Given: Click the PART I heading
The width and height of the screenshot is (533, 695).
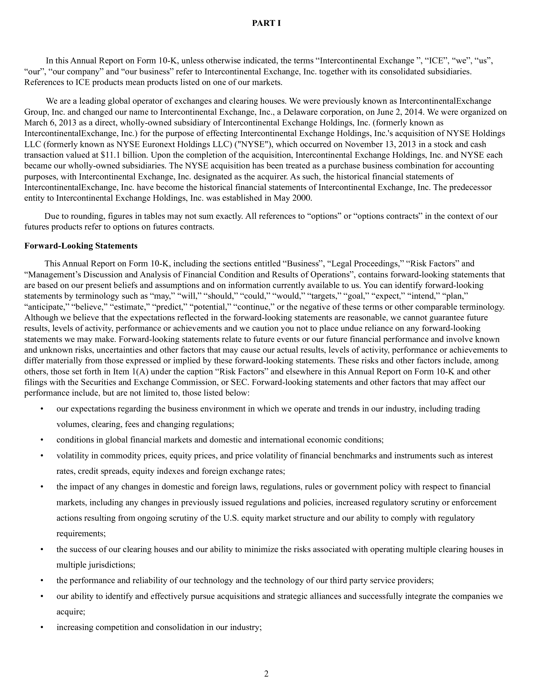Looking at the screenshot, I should [266, 23].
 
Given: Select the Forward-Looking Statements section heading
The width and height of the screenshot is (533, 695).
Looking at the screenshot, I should [81, 246].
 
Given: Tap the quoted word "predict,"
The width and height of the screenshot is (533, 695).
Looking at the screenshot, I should [171, 307].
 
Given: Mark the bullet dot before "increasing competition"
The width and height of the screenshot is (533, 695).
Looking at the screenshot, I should [42, 627].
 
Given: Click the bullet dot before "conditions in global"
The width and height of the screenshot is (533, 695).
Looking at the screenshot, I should [42, 440].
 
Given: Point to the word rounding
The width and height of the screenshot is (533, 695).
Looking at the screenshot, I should [84, 216].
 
